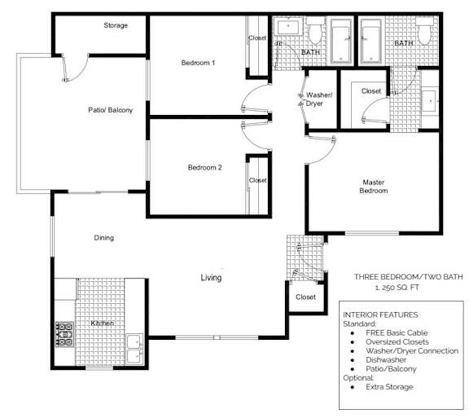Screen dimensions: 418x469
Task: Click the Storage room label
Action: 116,26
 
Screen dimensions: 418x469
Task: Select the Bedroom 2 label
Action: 204,168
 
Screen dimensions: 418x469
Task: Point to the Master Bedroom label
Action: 374,186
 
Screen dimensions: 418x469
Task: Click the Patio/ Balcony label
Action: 110,110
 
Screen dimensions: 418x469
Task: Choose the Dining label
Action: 103,238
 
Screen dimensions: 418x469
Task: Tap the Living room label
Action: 211,279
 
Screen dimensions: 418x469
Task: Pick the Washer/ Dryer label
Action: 318,99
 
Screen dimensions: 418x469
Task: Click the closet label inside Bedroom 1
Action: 257,38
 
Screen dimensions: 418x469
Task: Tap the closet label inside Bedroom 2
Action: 257,181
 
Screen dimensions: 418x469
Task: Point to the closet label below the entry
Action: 305,297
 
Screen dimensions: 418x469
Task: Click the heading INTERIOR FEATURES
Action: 380,315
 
